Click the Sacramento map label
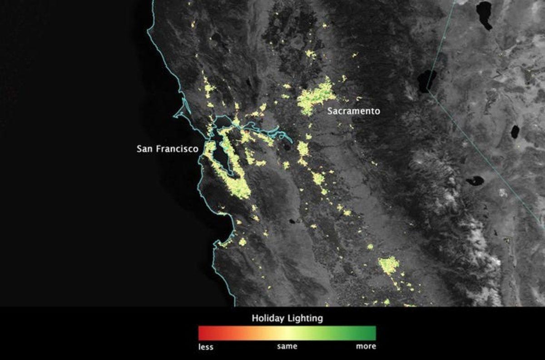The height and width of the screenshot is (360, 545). click(353, 111)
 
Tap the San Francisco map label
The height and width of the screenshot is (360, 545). click(167, 149)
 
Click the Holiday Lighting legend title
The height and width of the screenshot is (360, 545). click(287, 318)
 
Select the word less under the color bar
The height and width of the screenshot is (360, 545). click(206, 347)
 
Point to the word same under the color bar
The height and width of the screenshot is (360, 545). click(287, 346)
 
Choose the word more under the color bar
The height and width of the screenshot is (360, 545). click(366, 346)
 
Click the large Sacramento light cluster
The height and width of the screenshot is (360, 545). click(316, 98)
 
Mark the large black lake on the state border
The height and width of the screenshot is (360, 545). click(427, 80)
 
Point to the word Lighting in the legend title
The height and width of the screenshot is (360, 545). click(305, 318)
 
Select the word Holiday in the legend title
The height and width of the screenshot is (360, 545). click(268, 318)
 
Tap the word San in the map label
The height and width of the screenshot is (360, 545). click(144, 149)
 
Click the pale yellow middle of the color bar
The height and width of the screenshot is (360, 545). click(287, 333)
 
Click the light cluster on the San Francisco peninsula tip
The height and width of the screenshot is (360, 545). click(210, 148)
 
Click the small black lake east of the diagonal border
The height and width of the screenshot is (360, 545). click(515, 132)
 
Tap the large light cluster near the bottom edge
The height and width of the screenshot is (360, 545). click(389, 265)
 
